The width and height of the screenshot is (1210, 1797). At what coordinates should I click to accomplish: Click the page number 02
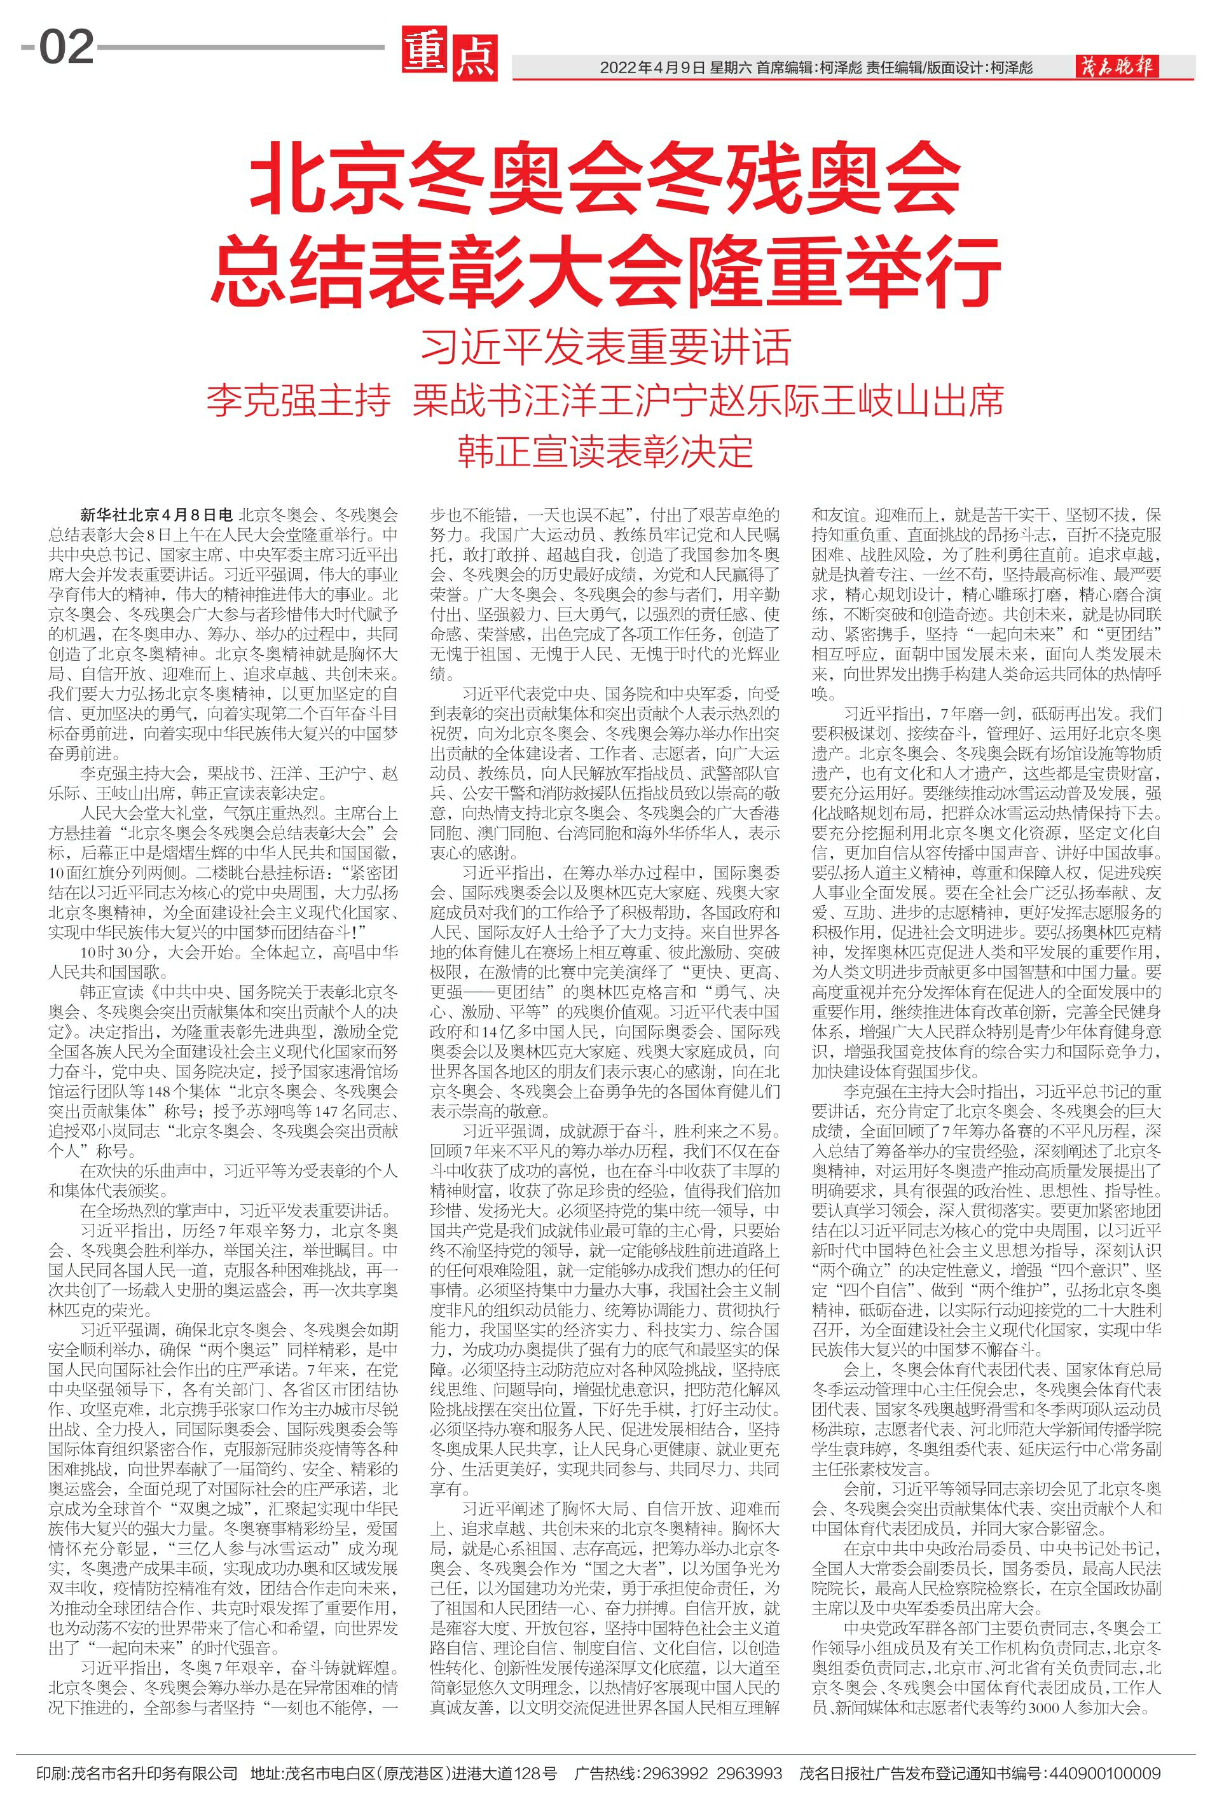tap(66, 48)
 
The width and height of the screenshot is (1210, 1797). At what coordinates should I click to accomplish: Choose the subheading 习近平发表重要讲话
tap(605, 347)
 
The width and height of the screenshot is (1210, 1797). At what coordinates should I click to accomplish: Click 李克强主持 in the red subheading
tap(298, 401)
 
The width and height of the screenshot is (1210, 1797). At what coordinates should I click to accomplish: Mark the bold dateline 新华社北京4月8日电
tap(156, 515)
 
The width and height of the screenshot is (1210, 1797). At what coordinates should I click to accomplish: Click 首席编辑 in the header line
tap(783, 68)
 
